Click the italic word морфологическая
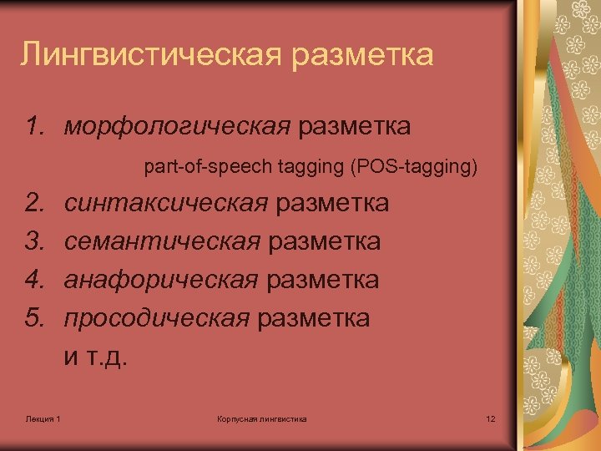point(177,127)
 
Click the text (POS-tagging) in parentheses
point(416,167)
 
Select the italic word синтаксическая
point(166,203)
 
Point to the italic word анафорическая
point(161,280)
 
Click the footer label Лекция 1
point(43,418)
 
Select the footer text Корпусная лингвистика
point(261,418)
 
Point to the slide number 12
point(490,418)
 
